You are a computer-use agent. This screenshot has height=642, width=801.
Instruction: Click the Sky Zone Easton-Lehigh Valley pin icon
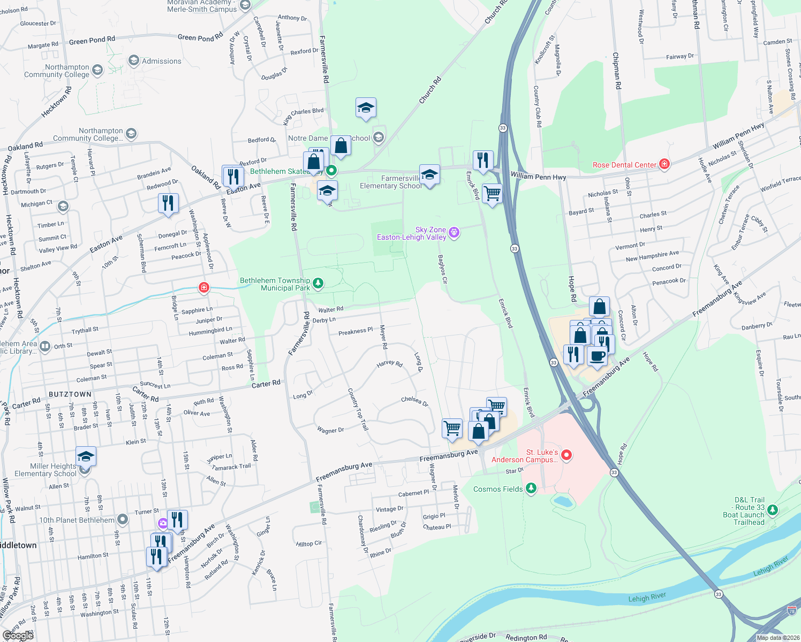pos(454,232)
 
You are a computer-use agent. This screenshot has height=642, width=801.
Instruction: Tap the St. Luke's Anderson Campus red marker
pos(566,455)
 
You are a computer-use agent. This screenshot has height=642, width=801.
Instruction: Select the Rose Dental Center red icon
pos(664,164)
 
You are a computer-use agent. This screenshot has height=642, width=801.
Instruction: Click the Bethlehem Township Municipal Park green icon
pos(318,283)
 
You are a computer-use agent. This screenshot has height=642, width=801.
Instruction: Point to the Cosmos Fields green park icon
pos(531,488)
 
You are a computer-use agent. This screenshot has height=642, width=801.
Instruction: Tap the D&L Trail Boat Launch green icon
pos(772,510)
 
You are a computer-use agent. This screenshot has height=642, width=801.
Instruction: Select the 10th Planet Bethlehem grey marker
pos(123,519)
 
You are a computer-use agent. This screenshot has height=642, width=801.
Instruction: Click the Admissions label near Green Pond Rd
pos(161,61)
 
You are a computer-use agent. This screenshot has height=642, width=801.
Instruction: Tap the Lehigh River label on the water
pos(647,598)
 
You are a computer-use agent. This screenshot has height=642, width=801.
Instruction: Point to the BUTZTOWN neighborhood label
pos(70,394)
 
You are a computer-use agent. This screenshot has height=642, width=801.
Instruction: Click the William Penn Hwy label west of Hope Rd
pos(538,176)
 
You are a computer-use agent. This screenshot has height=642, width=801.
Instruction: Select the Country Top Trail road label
pos(358,409)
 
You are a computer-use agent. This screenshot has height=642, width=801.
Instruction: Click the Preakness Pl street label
pos(356,332)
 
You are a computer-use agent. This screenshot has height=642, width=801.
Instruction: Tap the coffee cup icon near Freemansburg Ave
pos(597,356)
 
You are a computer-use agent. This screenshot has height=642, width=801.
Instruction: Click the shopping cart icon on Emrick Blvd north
pos(492,193)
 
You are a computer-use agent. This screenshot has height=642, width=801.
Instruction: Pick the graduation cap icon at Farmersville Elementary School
pos(429,174)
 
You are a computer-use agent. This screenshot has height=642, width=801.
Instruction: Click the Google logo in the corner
pos(18,635)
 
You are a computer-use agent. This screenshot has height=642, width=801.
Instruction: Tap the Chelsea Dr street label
pos(415,401)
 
